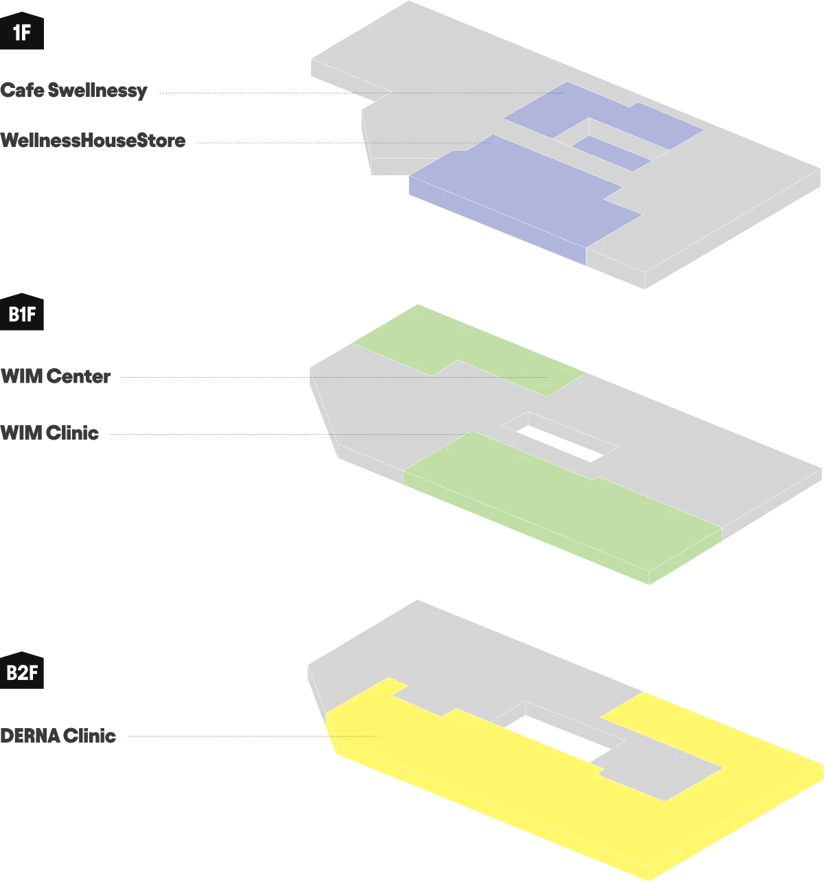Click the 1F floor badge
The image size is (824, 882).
click(21, 32)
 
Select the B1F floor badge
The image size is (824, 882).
click(21, 315)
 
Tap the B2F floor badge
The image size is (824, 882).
click(21, 672)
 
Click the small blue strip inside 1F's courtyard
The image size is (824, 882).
click(611, 153)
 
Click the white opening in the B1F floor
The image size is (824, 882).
click(560, 443)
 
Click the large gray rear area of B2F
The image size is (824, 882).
click(481, 659)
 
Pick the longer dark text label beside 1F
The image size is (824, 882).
click(93, 141)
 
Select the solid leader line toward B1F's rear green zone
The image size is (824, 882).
click(213, 376)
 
